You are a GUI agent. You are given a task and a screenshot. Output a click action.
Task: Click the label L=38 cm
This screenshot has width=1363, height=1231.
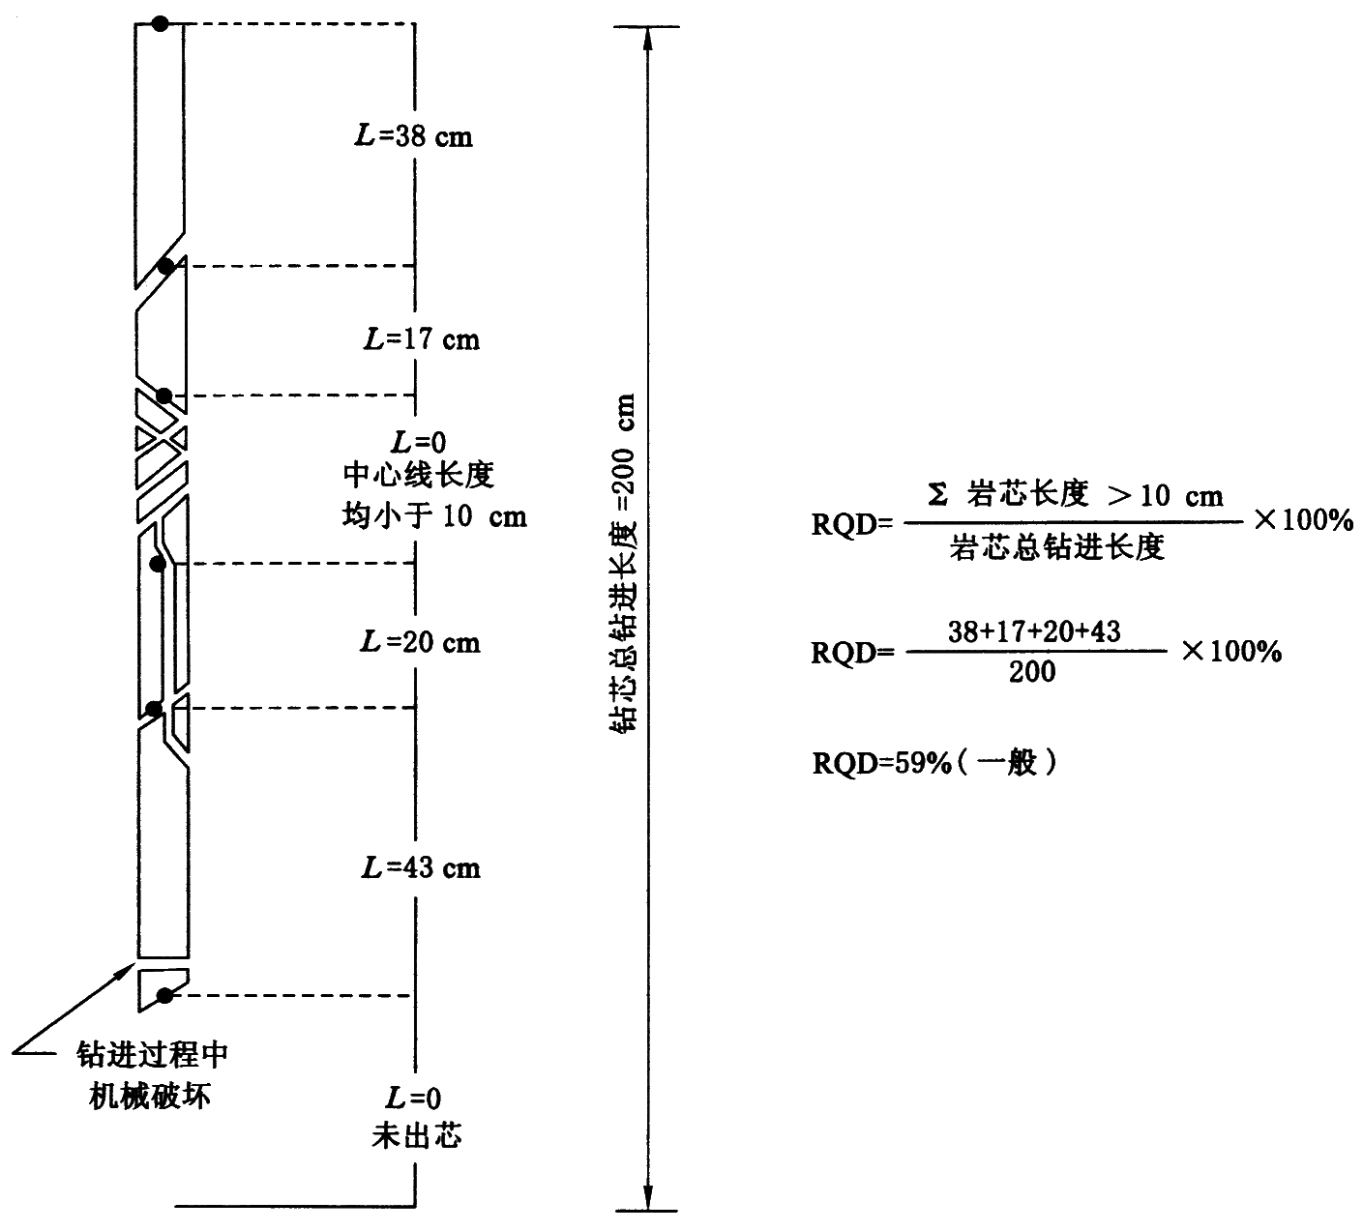click(413, 136)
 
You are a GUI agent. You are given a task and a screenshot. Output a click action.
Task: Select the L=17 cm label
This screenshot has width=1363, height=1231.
click(420, 339)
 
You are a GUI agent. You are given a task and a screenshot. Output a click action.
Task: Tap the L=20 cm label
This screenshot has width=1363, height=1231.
click(420, 642)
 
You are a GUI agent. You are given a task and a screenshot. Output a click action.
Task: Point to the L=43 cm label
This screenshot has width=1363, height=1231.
click(420, 867)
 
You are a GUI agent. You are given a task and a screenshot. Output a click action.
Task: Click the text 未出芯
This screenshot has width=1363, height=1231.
click(417, 1134)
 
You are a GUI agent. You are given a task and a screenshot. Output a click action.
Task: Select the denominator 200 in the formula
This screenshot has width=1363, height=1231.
click(1032, 671)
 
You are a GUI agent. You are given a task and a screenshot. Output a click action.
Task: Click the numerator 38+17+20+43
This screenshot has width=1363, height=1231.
click(1033, 631)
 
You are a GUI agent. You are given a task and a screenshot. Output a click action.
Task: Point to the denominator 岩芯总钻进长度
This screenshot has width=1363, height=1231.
click(1056, 547)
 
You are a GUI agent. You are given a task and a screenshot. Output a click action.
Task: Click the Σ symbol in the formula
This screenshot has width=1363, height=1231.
click(936, 496)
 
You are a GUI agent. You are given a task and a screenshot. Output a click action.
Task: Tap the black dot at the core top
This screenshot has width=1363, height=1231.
click(161, 23)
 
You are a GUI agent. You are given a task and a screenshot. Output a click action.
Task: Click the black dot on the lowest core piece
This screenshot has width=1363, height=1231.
click(164, 996)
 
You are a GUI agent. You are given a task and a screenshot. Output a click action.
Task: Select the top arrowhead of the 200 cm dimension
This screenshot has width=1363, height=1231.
click(648, 37)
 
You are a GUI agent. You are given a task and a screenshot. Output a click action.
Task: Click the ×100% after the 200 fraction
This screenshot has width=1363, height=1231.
click(1231, 651)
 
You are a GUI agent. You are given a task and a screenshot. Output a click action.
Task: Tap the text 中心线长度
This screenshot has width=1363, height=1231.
click(419, 476)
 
